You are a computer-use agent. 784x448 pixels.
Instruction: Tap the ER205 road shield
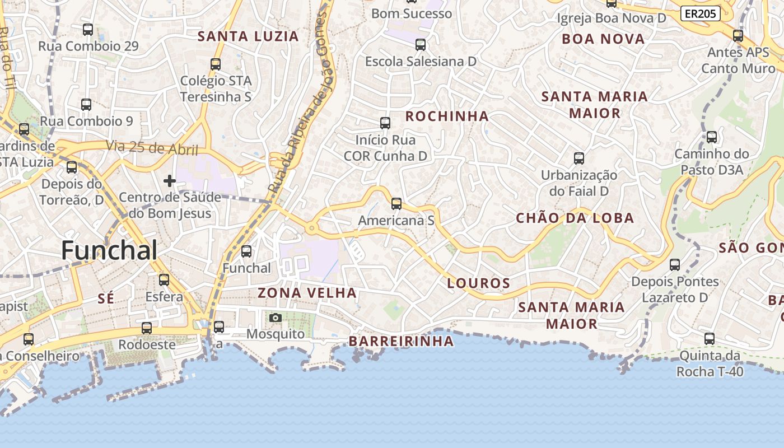coord(700,14)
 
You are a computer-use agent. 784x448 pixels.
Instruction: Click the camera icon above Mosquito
coord(275,318)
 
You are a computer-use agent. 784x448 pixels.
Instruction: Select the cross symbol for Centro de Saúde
coord(169,181)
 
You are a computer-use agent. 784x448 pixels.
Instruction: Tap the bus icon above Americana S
coord(396,204)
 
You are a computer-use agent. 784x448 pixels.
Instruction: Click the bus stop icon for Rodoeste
coord(147,328)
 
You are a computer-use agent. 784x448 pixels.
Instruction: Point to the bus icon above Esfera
coord(164,280)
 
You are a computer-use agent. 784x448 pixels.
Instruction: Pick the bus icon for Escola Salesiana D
coord(421,45)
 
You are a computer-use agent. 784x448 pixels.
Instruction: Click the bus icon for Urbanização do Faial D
coord(579,158)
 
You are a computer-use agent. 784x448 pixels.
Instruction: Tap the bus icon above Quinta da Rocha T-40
coord(710,339)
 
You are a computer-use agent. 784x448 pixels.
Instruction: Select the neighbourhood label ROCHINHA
coord(447,116)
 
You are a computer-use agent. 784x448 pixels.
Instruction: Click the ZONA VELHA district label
coord(307,293)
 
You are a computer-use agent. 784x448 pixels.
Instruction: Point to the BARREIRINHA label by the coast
coord(401,341)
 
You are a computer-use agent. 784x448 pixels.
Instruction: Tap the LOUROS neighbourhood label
coord(479,283)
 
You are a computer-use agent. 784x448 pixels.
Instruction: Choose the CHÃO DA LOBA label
coord(575,218)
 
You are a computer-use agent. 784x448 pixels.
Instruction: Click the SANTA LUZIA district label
coord(248,37)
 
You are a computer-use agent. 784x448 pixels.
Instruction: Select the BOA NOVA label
coord(603,39)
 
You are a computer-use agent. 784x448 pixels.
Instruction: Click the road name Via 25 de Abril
coord(152,148)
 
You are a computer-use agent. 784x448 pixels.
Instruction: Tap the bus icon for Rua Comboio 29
coord(88,30)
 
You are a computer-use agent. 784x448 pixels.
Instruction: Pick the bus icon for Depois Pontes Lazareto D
coord(675,265)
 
